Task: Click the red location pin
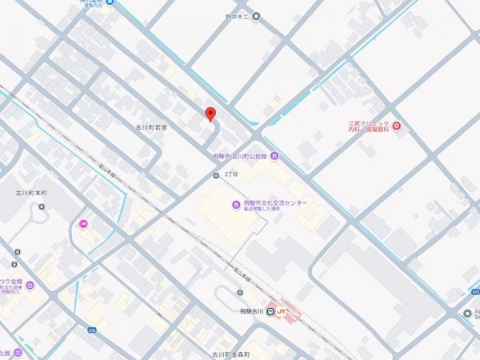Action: [210, 114]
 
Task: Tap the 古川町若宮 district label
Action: [162, 126]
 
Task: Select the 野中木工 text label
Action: [237, 16]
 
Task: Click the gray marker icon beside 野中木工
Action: [256, 16]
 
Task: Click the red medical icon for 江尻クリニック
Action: [397, 126]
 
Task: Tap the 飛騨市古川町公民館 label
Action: [241, 156]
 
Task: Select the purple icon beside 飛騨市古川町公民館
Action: [274, 155]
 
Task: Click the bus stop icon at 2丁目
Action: [216, 175]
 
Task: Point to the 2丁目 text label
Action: [232, 174]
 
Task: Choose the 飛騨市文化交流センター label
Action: [274, 203]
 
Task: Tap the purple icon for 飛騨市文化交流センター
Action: [235, 205]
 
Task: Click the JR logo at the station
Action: [282, 312]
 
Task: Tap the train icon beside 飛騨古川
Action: [270, 311]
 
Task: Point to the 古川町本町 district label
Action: [32, 194]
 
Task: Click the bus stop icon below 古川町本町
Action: [42, 206]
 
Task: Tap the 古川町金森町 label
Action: [226, 354]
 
